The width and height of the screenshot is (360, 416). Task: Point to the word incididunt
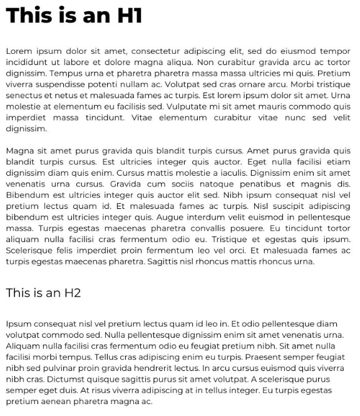26,61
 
